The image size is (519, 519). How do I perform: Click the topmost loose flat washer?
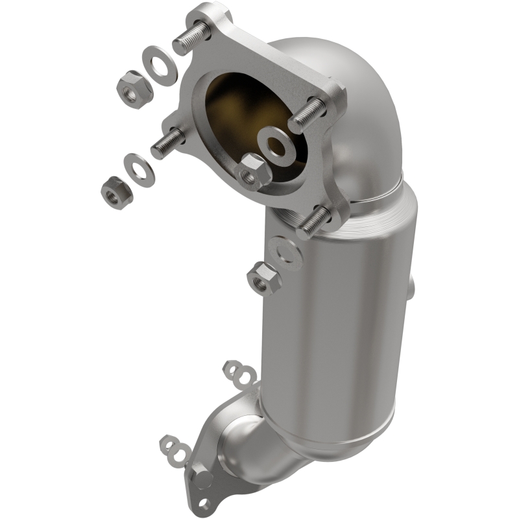160,66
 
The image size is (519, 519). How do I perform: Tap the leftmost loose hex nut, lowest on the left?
119,188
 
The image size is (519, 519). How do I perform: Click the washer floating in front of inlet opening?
277,143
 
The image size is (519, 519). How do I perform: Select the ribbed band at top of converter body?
376,217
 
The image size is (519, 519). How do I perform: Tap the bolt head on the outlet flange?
202,478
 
